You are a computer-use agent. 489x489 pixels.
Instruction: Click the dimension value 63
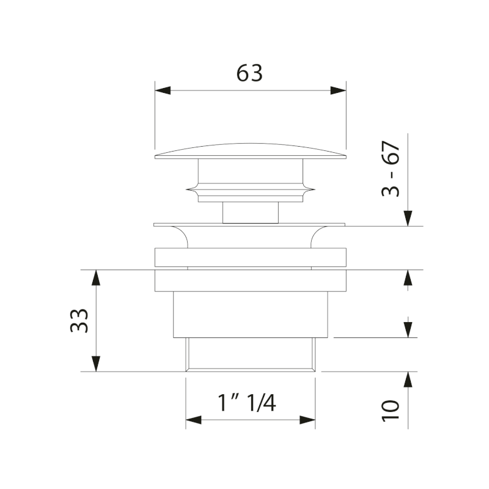[249, 73]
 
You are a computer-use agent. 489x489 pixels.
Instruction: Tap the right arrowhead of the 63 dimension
[338, 90]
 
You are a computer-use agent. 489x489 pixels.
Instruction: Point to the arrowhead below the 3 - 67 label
[408, 218]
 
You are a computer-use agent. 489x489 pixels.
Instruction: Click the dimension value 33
[80, 320]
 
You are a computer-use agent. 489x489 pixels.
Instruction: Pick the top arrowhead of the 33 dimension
[95, 277]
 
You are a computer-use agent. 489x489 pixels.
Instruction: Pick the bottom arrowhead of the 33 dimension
[95, 364]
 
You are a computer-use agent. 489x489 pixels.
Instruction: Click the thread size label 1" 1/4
[247, 403]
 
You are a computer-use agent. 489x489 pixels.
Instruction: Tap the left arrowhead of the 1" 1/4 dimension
[194, 421]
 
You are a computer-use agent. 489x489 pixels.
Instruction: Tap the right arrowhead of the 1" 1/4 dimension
[307, 421]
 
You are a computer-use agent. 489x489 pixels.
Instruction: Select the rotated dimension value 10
[391, 409]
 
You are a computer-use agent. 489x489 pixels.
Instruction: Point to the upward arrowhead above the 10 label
[408, 379]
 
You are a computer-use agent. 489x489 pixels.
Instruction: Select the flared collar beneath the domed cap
[251, 189]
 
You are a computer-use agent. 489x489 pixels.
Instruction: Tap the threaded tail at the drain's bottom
[251, 354]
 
